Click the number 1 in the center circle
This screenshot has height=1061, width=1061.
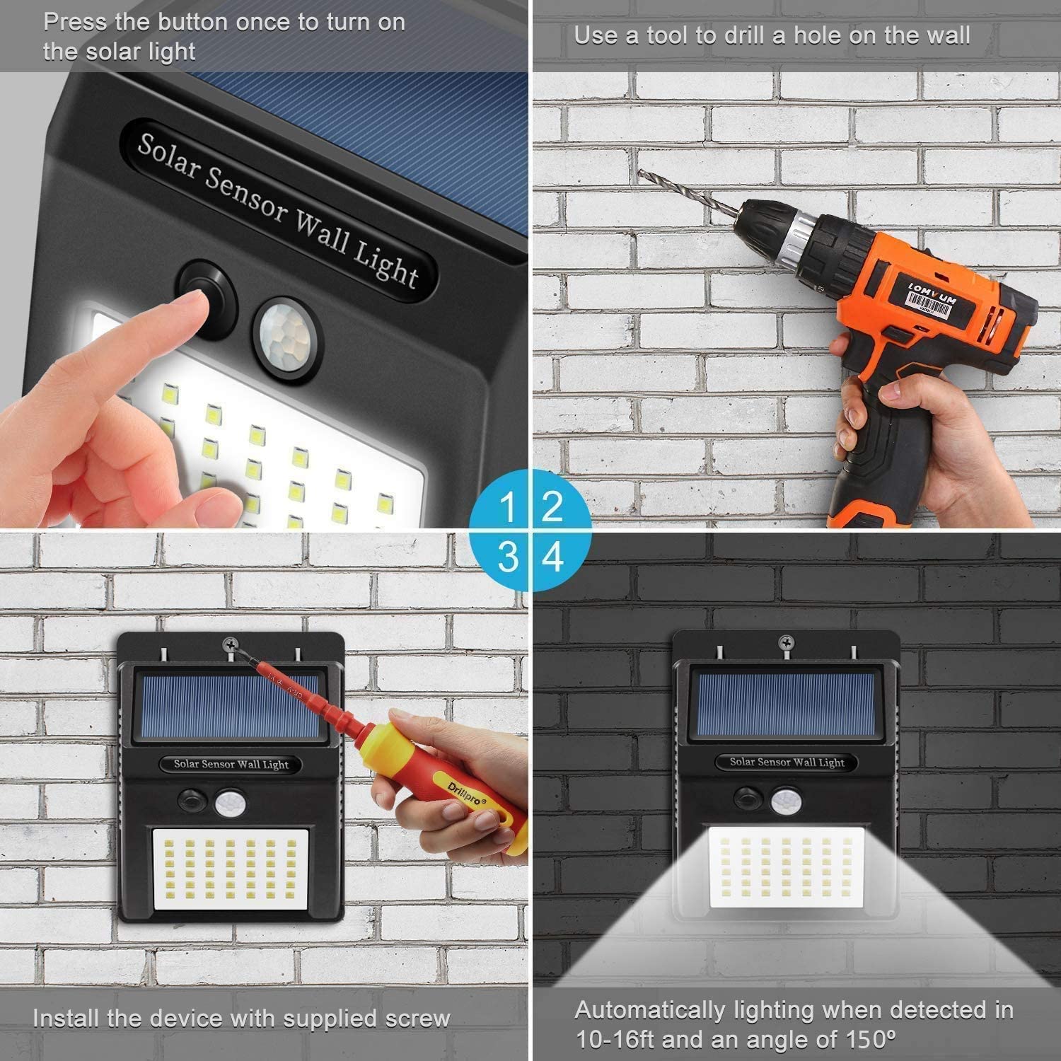508,507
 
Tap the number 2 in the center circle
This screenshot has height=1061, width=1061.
552,507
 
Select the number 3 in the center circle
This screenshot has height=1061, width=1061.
508,557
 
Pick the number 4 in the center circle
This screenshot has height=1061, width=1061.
553,557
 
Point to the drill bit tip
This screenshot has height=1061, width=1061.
641,171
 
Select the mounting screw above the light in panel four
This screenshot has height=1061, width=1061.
785,642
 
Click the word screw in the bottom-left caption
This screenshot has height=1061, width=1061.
417,1019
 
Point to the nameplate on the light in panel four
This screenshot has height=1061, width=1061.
787,762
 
